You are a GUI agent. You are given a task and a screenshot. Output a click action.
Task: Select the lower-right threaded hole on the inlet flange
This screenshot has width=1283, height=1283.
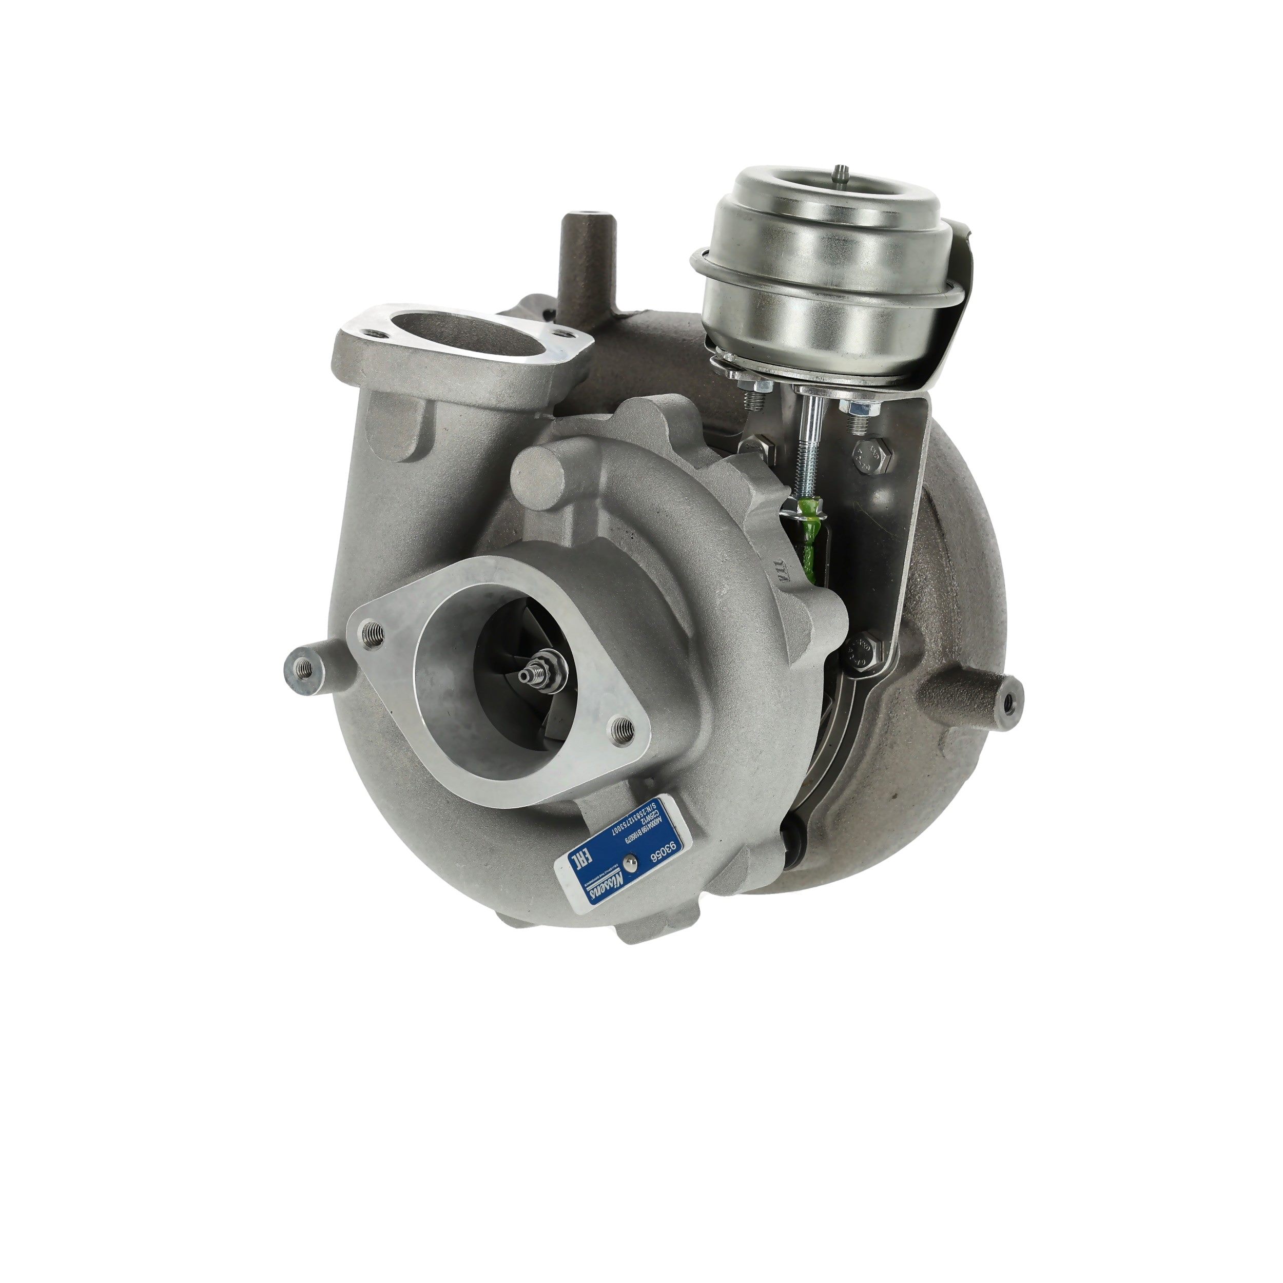[x=621, y=725]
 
